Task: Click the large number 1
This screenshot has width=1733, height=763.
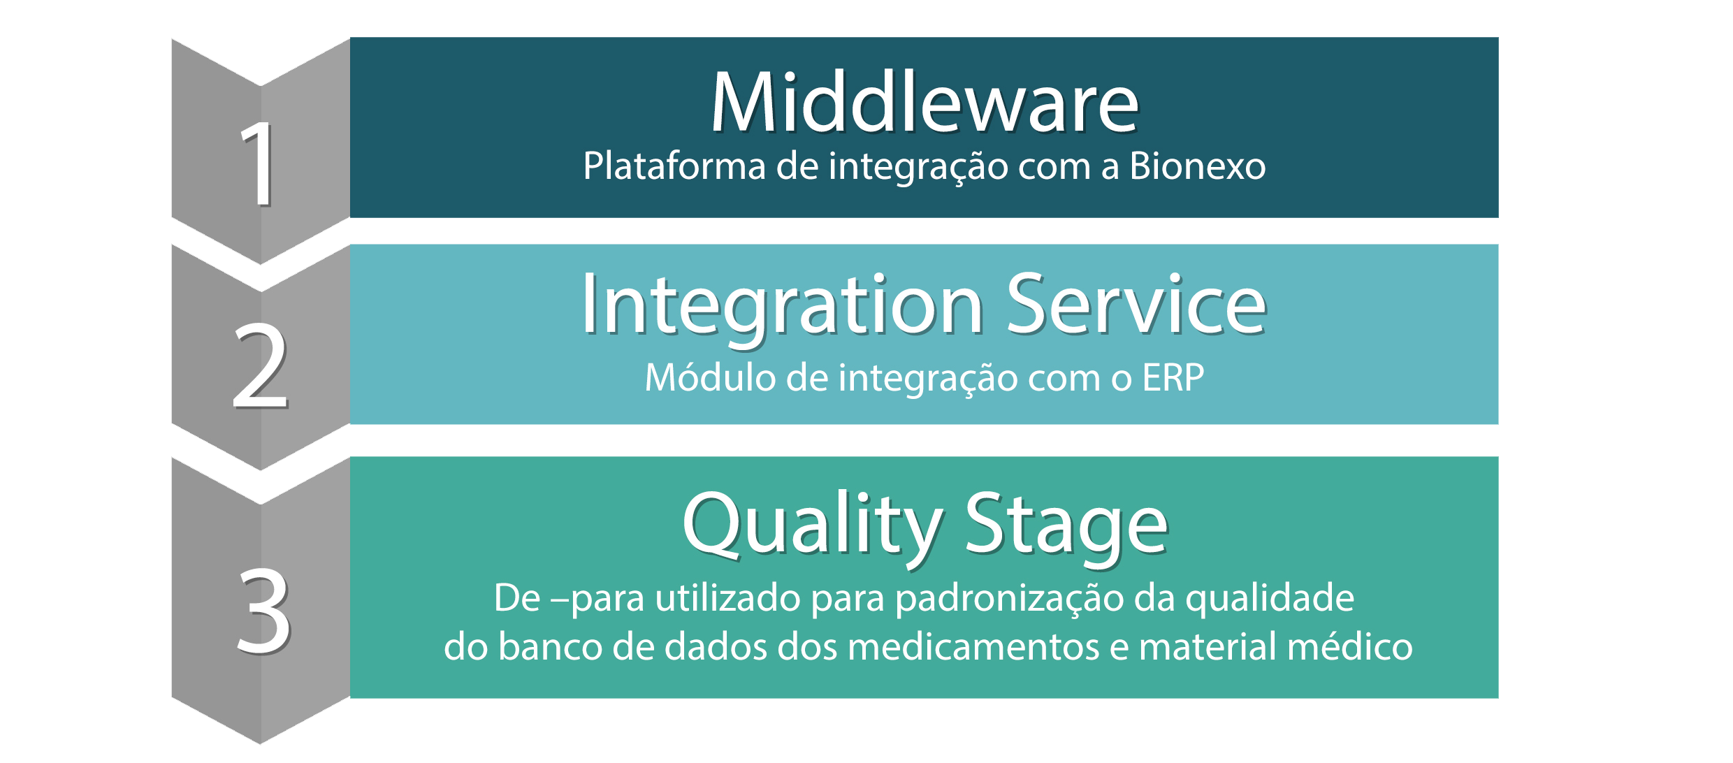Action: [x=259, y=163]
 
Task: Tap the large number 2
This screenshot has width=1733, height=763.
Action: [x=260, y=365]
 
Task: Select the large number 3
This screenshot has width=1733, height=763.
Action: [x=263, y=611]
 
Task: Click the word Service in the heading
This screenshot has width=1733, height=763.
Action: [x=1136, y=304]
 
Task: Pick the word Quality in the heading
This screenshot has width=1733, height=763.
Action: [x=813, y=525]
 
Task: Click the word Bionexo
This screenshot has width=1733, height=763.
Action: [x=1198, y=166]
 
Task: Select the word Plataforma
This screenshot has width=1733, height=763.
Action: [x=674, y=166]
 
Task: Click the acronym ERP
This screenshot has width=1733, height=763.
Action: [x=1173, y=378]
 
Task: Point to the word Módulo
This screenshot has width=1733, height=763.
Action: [x=710, y=378]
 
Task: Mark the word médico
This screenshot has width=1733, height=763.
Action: [x=1351, y=646]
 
